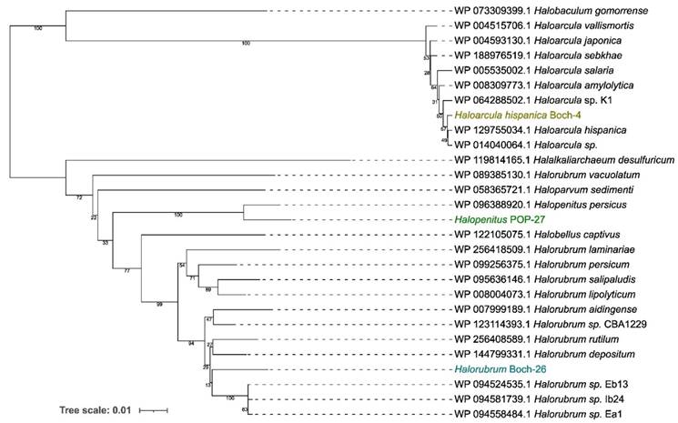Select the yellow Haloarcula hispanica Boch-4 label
tap(516, 115)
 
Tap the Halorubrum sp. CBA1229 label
tap(592, 324)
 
